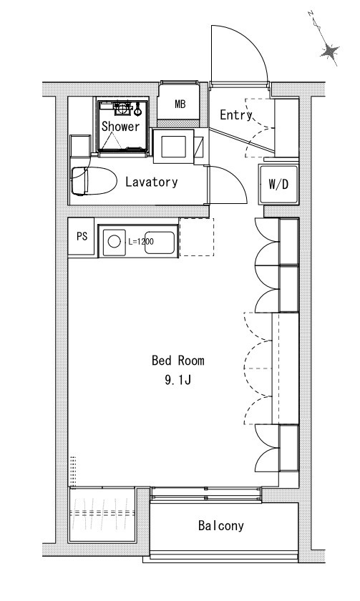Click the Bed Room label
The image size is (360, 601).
(x=178, y=361)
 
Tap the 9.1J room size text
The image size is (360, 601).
(x=178, y=380)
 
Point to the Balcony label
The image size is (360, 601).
(x=221, y=525)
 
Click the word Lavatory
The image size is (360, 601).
(x=152, y=182)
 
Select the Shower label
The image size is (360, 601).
(x=120, y=126)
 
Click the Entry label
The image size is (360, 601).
(x=235, y=114)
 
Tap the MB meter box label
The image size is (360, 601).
(x=180, y=104)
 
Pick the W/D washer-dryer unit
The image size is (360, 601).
(x=278, y=185)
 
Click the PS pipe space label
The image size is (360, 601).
(x=82, y=237)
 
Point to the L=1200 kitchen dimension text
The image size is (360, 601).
(x=140, y=242)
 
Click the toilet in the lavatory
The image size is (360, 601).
(x=94, y=181)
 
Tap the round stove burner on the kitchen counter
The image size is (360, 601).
(x=115, y=242)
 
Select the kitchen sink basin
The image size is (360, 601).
(x=159, y=243)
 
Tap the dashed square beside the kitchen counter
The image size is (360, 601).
(x=197, y=238)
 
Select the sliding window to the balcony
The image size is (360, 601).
(x=206, y=493)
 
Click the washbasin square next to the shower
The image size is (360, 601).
(x=173, y=147)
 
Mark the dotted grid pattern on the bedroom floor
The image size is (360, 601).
(x=73, y=471)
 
